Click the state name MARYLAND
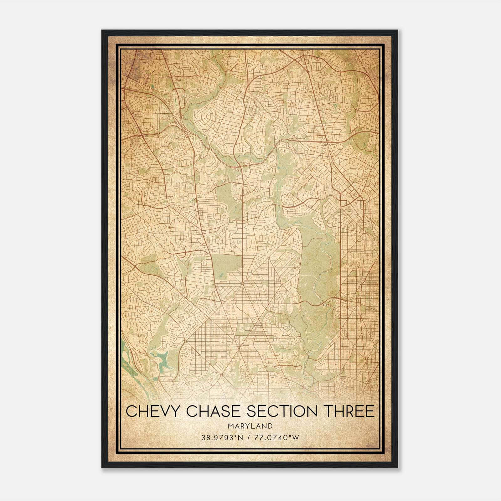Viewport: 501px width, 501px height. coord(250,426)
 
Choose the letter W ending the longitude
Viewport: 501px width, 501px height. coord(296,438)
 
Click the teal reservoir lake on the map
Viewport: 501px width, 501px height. coord(163,360)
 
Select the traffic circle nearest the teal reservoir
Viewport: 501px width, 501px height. coord(185,341)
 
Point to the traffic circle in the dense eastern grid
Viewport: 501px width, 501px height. coord(375,346)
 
